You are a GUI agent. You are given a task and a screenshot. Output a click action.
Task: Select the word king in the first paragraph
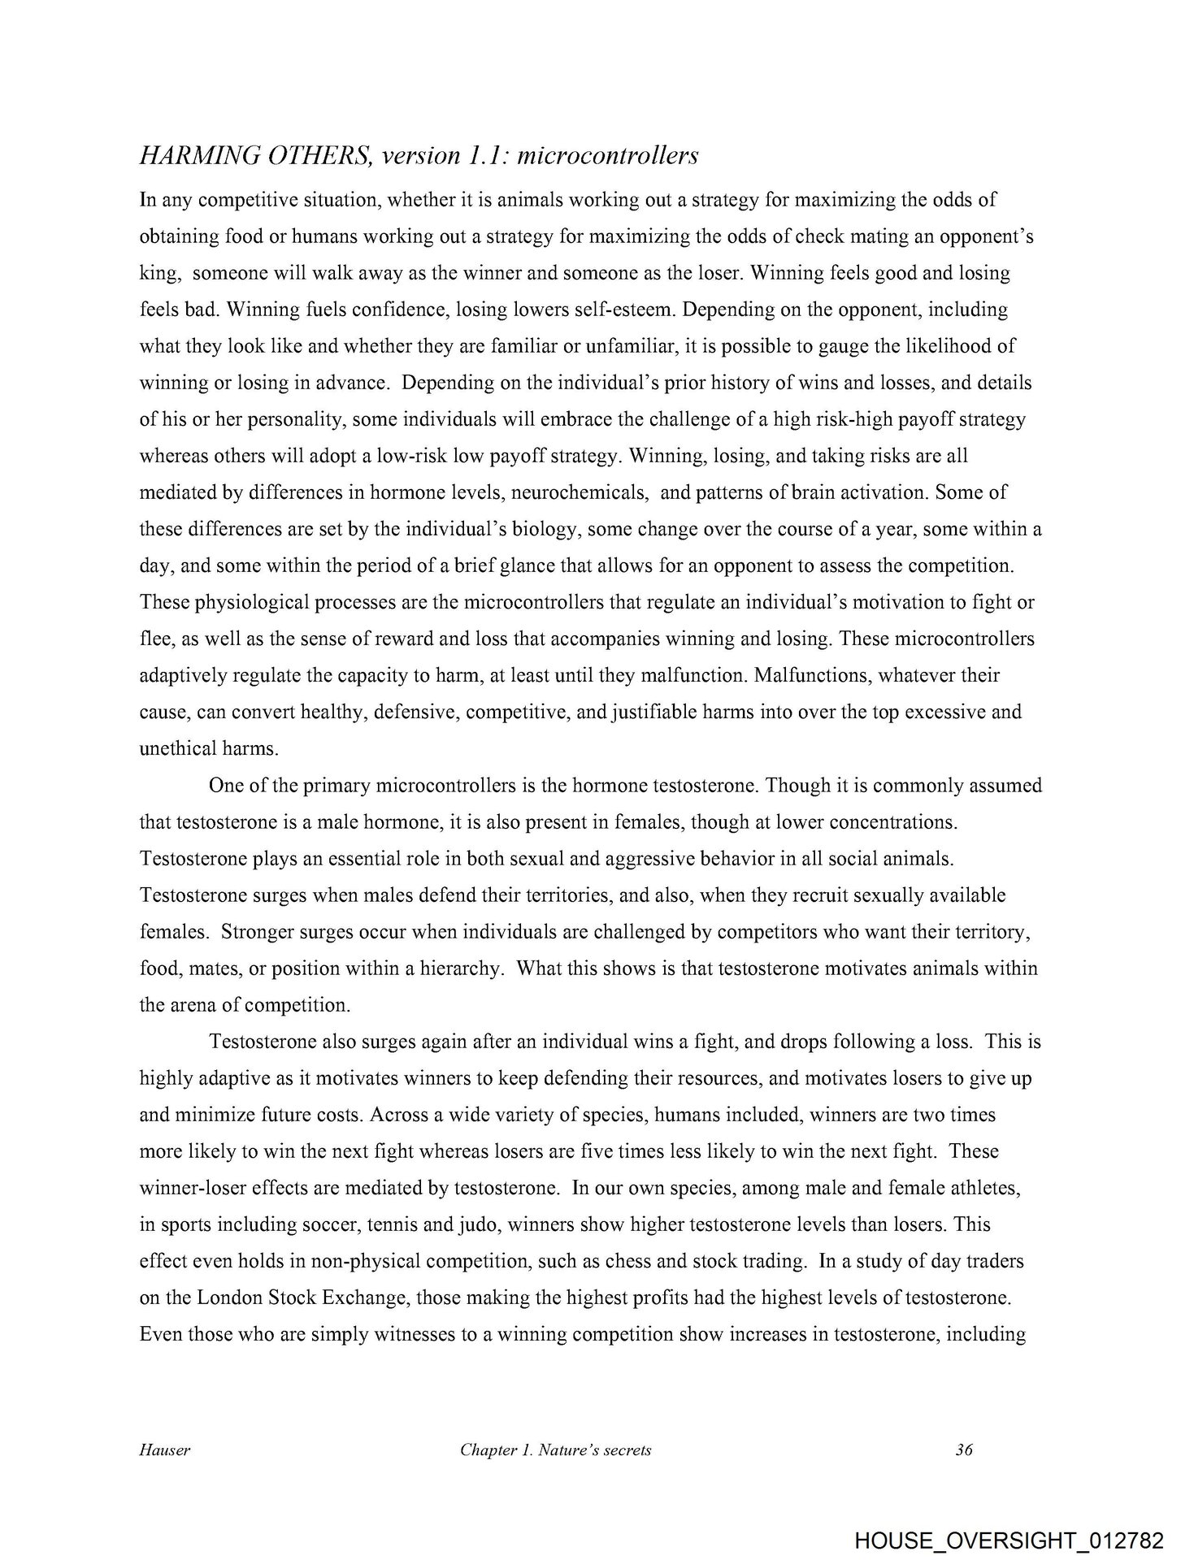158,274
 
